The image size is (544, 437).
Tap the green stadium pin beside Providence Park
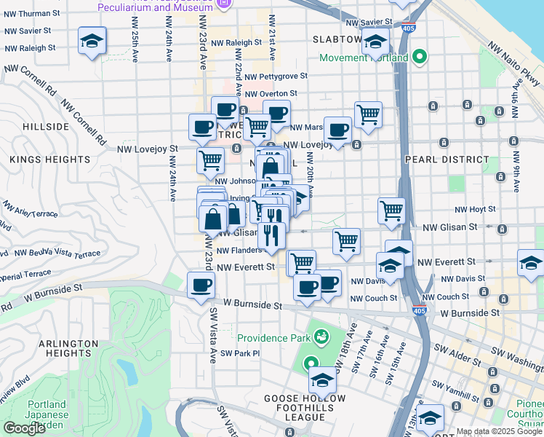320,336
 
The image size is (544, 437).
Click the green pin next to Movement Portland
419,56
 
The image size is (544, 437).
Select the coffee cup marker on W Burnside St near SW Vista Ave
201,286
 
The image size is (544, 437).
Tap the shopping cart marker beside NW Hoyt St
391,210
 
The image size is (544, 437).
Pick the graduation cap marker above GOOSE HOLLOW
322,380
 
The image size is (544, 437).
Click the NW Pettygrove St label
276,76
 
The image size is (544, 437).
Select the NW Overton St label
271,94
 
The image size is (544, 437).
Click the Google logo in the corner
24,428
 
